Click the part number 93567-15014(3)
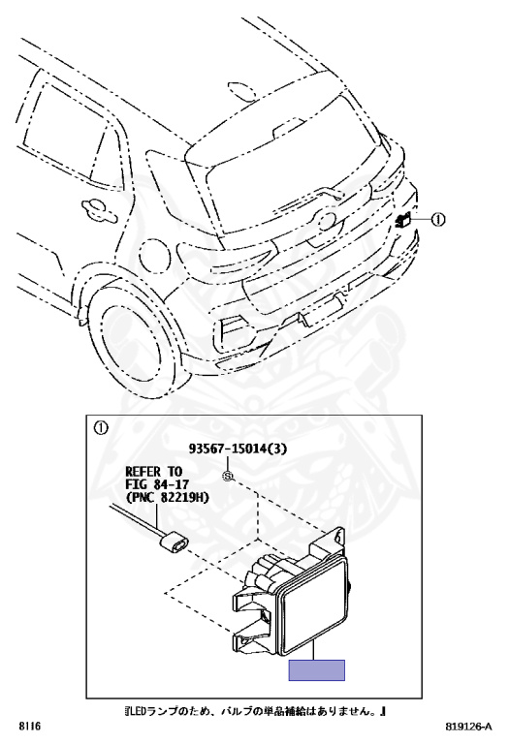(238, 449)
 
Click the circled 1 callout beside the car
(438, 219)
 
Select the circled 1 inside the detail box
(101, 428)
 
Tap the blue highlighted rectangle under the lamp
(317, 670)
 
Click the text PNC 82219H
(167, 497)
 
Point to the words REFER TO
(154, 472)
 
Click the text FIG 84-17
(157, 484)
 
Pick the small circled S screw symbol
(229, 476)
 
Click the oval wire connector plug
(175, 544)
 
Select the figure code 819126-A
(468, 727)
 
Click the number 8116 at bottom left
(30, 727)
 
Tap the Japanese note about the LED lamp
(254, 711)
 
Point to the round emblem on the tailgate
(325, 221)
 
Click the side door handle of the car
(99, 210)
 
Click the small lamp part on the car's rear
(402, 220)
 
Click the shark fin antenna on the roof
(243, 92)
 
